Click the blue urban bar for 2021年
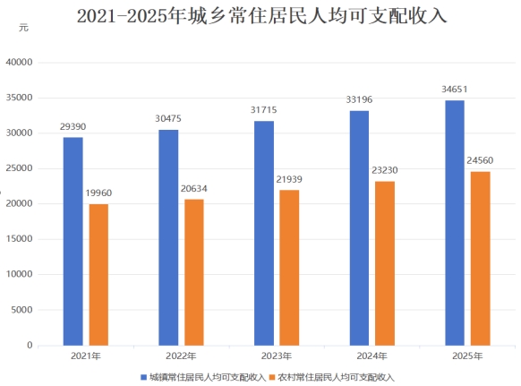73,242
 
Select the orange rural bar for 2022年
194,272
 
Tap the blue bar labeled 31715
264,234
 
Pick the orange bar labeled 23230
385,263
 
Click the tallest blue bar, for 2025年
455,223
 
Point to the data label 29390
73,126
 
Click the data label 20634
194,188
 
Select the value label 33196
359,99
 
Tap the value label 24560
480,160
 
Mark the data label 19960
98,193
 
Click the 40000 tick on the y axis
20,62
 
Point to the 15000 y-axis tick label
20,239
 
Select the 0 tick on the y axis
30,345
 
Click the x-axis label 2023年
277,356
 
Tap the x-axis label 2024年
372,356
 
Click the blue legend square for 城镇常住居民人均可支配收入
143,377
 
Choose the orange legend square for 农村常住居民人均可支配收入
272,377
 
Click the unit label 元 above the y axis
23,28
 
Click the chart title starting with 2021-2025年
261,15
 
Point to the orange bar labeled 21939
289,268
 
